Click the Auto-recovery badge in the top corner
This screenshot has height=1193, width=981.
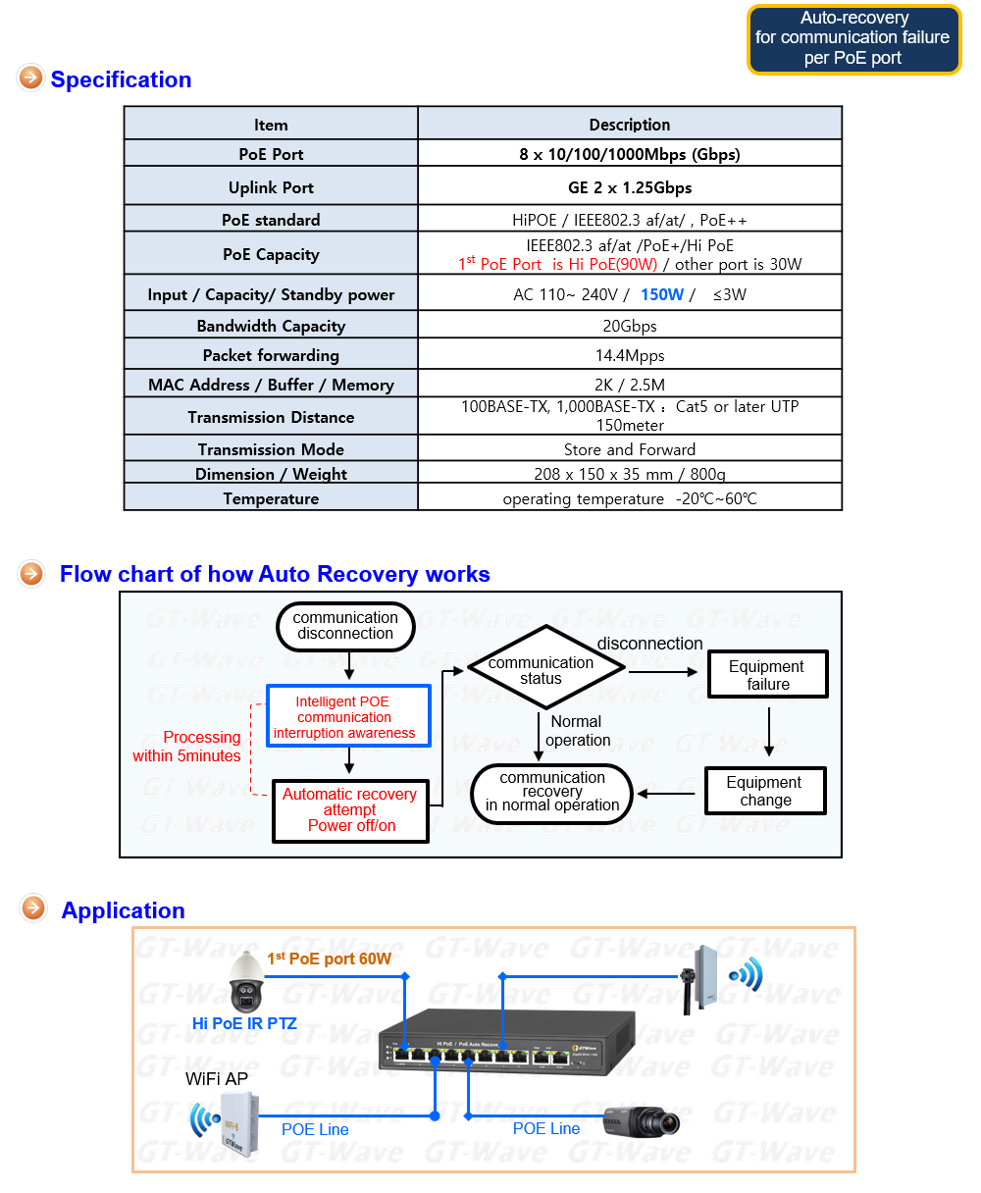[853, 39]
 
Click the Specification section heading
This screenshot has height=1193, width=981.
[121, 79]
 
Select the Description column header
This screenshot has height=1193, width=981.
[629, 125]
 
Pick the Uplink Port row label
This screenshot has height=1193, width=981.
[271, 187]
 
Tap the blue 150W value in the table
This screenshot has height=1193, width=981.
[661, 294]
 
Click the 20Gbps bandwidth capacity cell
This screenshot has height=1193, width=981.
[629, 326]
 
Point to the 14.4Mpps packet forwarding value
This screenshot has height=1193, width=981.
[629, 355]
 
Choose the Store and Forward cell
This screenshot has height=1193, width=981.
[629, 449]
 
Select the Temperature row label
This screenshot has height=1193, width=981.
[271, 498]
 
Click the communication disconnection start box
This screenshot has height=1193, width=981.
[345, 626]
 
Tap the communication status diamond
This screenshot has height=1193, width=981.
[545, 667]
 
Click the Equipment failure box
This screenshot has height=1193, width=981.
[767, 674]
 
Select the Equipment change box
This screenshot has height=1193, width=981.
[765, 790]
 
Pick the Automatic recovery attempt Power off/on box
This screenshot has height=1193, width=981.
[350, 810]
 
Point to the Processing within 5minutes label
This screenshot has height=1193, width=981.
[186, 747]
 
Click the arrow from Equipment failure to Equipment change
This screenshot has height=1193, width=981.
[768, 731]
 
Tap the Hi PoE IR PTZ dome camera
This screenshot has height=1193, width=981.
[246, 981]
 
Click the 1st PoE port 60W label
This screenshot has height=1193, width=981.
[329, 958]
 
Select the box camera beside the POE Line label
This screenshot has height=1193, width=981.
[641, 1121]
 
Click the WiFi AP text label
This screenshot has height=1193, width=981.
[217, 1078]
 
